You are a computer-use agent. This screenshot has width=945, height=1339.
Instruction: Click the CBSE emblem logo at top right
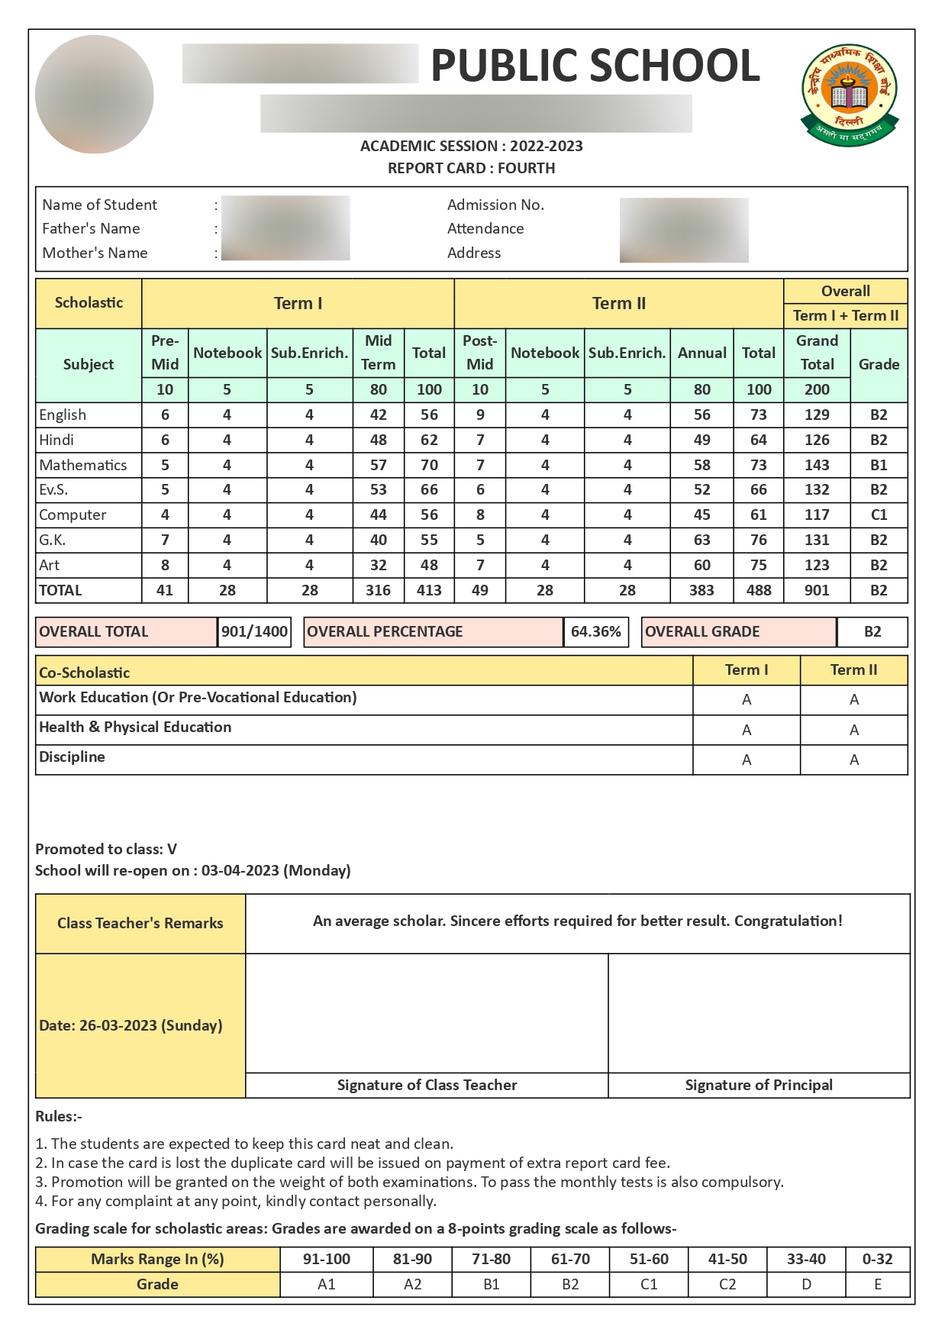849,95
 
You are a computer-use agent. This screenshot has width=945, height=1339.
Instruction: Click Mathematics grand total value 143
816,465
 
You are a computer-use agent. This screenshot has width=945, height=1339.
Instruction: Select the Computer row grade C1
879,515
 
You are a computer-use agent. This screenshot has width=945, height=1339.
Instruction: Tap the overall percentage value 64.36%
595,632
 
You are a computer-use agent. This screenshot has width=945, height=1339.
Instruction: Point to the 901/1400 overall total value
254,632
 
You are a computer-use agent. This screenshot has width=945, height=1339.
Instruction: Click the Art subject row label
50,566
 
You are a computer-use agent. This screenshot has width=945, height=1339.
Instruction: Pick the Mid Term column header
378,352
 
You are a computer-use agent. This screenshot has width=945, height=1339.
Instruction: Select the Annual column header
701,353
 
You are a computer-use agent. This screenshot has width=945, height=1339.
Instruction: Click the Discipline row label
73,757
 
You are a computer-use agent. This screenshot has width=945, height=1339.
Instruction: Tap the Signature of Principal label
759,1085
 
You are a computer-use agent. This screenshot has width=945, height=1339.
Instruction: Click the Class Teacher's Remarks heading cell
140,924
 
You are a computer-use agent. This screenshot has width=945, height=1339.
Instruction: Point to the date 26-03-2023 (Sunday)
131,1025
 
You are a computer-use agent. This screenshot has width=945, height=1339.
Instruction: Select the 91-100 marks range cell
327,1259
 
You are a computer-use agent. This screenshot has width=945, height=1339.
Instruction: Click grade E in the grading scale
878,1284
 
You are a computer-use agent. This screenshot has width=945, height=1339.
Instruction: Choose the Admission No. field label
495,205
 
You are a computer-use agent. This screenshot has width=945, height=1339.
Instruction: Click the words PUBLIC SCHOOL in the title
595,66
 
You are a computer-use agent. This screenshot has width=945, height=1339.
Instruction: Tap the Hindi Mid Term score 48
378,440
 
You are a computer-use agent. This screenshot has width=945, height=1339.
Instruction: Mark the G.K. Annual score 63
701,540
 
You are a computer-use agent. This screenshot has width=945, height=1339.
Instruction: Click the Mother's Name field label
95,253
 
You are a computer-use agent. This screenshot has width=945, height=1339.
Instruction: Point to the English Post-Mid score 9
480,415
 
